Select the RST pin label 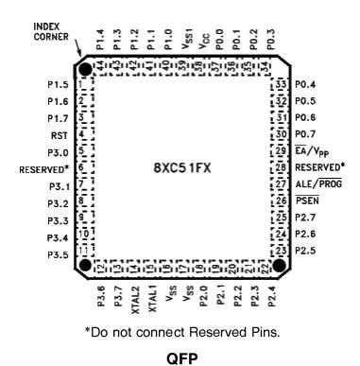pos(57,134)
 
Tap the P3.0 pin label pos(55,151)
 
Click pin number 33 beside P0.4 pos(281,85)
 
